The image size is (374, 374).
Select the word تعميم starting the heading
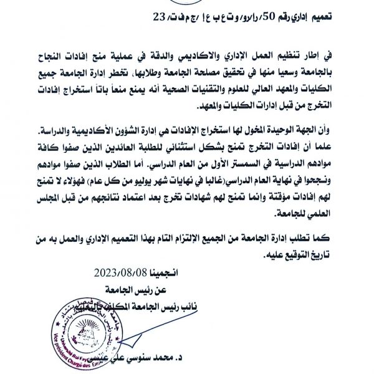pyautogui.click(x=337, y=18)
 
